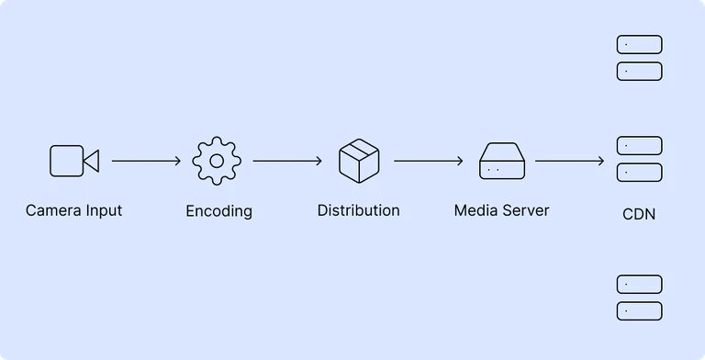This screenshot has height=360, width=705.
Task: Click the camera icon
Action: pos(73,161)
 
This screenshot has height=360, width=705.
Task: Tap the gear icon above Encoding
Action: pos(217,161)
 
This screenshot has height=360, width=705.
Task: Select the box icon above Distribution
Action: pos(358,161)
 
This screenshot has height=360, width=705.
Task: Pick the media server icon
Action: pos(501,162)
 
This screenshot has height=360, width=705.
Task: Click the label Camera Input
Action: pos(73,210)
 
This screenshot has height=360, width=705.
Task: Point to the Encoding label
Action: pos(218,211)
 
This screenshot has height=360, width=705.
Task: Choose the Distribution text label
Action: pos(358,210)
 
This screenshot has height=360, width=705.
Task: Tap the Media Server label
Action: pos(501,210)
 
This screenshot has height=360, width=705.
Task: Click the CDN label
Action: pos(639,215)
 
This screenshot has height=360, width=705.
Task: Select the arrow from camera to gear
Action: pos(147,162)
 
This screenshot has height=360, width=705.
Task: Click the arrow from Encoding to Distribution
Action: pos(287,162)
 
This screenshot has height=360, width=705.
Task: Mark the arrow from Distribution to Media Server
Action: pos(429,162)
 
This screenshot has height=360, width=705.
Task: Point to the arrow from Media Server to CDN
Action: pos(570,162)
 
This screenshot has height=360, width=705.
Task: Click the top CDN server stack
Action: pos(639,58)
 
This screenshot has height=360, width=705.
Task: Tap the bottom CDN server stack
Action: pos(639,298)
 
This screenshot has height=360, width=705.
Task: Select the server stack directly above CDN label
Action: pos(639,159)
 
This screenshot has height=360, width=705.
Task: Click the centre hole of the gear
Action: pos(217,161)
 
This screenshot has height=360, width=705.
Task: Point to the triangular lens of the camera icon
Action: pos(91,161)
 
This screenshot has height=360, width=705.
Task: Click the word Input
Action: pos(103,210)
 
